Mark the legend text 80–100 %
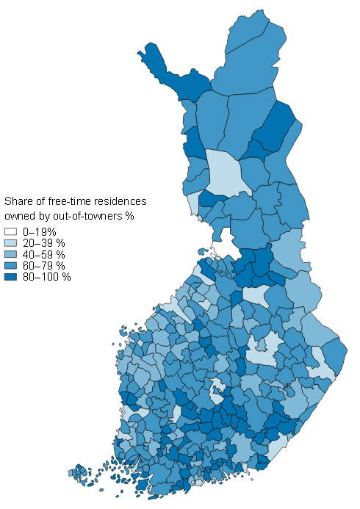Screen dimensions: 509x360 coord(45,277)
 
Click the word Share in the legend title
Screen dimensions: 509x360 coord(19,201)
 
